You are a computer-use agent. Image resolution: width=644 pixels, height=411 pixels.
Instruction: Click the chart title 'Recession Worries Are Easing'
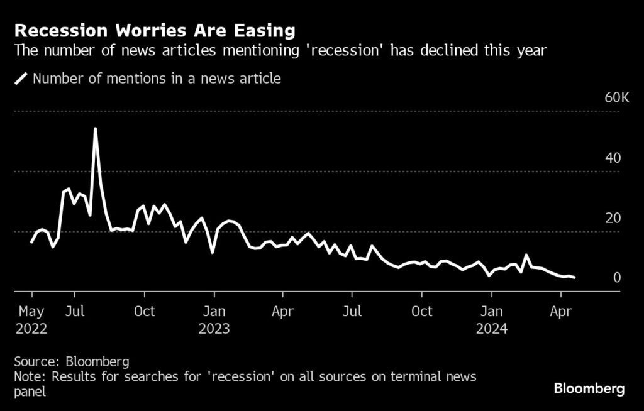pos(155,30)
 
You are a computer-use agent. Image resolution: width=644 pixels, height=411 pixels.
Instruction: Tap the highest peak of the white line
pos(95,129)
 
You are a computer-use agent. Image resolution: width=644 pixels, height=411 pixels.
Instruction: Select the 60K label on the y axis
pos(616,97)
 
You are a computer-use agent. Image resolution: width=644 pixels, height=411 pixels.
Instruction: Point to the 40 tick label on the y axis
pos(613,158)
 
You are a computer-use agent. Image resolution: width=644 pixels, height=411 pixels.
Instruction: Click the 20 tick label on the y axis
pos(613,218)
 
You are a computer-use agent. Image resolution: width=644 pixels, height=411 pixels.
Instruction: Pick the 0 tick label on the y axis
pos(617,278)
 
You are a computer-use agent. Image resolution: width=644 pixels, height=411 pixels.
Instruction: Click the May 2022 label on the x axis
pos(31,320)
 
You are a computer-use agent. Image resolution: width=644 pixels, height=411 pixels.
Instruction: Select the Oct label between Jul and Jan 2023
pos(145,311)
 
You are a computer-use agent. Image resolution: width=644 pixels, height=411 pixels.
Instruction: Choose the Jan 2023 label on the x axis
pos(214,320)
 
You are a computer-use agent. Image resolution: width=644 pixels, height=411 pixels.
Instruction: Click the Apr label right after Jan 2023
pos(283,311)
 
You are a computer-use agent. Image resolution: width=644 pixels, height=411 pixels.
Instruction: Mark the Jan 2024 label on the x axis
pos(492,320)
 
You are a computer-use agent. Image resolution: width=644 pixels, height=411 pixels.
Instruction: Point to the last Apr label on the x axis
pos(560,311)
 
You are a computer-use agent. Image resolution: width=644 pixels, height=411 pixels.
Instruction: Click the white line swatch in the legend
pos(21,79)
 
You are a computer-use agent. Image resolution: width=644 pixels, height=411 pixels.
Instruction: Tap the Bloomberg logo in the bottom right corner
pos(589,388)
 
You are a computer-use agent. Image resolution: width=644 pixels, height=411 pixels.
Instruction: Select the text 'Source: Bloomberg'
pos(72,361)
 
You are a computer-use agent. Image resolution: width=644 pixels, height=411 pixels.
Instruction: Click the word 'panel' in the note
pos(30,391)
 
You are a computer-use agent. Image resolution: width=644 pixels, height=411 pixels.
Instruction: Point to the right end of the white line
pos(574,277)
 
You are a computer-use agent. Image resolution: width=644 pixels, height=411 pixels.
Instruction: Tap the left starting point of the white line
pos(31,242)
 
